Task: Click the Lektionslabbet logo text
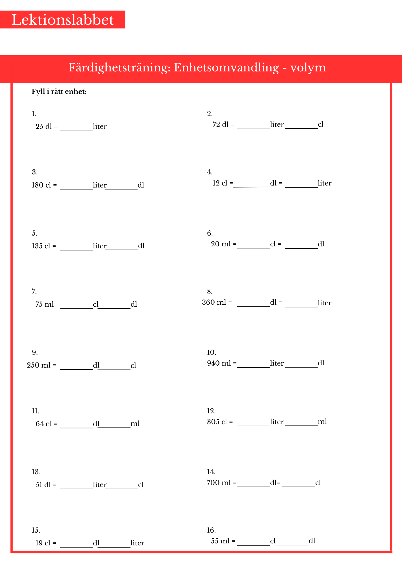63,20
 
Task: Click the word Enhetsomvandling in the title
226,68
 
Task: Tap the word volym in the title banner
308,68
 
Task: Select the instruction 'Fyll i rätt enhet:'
59,92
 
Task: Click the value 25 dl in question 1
44,127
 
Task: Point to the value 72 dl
220,125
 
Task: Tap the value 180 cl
42,185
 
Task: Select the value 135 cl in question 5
41,246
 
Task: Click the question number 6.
210,233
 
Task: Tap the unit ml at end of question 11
135,424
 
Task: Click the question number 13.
36,472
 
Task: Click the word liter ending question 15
137,543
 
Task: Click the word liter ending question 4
325,183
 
